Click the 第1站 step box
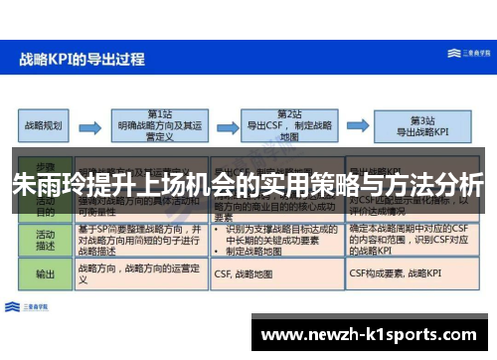(160, 125)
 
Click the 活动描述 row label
(45, 239)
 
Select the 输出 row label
(45, 273)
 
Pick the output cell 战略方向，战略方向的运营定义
(139, 274)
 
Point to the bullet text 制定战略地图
(248, 251)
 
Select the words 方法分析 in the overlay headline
(438, 185)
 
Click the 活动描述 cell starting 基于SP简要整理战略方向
(139, 239)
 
